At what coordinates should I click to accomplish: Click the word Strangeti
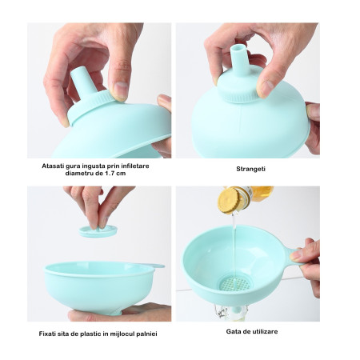[251, 170]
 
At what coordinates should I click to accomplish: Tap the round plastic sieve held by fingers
[98, 230]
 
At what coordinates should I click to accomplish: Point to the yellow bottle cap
[230, 199]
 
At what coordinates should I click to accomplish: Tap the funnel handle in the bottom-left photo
[153, 266]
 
